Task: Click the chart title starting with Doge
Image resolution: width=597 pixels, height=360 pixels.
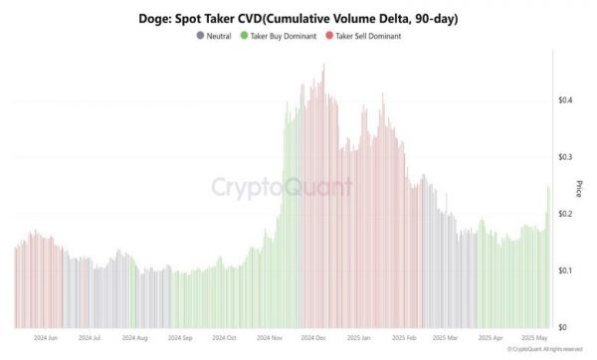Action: click(x=298, y=19)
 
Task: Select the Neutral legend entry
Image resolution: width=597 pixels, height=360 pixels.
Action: click(x=217, y=36)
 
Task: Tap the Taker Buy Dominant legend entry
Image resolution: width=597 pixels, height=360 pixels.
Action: click(x=280, y=36)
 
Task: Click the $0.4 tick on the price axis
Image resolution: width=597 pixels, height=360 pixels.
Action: click(x=564, y=100)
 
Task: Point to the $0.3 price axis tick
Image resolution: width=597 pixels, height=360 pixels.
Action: click(x=564, y=157)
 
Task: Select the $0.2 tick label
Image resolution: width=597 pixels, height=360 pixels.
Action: click(x=564, y=214)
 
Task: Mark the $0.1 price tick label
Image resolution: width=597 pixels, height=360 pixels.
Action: click(x=564, y=270)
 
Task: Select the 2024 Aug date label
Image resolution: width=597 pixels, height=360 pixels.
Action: click(x=133, y=339)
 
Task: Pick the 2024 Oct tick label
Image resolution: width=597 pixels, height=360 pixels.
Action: click(x=223, y=339)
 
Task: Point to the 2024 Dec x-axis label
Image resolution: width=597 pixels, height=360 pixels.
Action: click(x=313, y=339)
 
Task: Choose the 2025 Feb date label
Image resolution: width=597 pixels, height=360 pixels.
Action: click(x=403, y=339)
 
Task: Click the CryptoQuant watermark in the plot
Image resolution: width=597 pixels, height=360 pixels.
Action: click(x=282, y=187)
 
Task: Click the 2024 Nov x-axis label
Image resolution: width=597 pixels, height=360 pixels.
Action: click(x=269, y=339)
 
